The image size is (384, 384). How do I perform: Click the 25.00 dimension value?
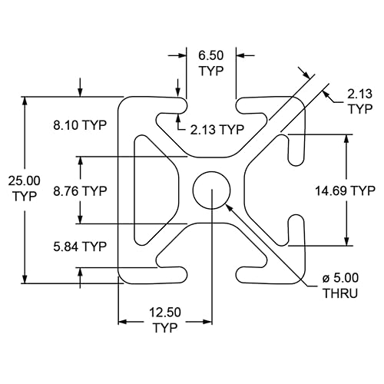coord(25,180)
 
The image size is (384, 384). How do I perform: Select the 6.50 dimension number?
coord(211,56)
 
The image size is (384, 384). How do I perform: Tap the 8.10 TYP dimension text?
coord(79,124)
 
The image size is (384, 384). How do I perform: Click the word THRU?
coord(339,293)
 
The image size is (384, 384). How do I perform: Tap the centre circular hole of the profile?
coord(212,190)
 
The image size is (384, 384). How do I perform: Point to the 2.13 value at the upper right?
coord(360,94)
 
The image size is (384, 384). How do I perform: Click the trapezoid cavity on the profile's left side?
coord(157,190)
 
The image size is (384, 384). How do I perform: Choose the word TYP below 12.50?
coord(165,328)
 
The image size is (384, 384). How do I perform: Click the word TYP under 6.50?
coord(211,71)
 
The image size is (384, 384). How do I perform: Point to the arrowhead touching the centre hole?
coord(228,206)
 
